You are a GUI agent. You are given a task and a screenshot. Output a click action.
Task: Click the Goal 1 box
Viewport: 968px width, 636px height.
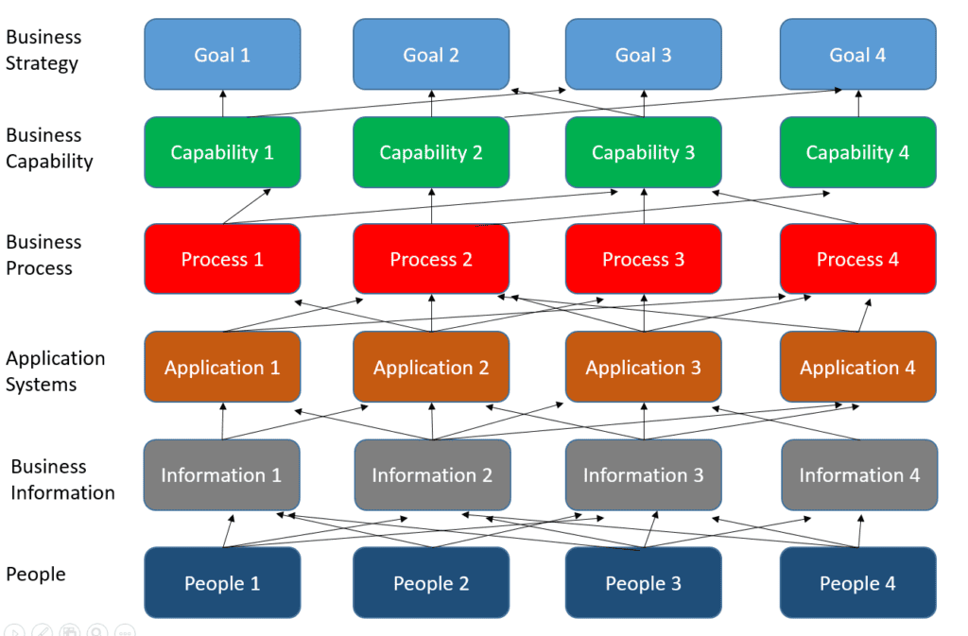coord(222,54)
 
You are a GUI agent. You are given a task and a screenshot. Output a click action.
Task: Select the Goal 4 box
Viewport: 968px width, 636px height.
coord(858,54)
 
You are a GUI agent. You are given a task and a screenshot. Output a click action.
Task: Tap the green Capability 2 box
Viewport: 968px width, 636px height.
coord(431,152)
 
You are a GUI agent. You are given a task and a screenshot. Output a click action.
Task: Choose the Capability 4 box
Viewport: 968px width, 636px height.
coord(858,152)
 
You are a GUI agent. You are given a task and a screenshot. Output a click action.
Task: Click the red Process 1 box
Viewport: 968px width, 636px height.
coord(222,259)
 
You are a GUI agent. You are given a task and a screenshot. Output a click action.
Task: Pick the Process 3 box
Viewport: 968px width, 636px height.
coord(643,259)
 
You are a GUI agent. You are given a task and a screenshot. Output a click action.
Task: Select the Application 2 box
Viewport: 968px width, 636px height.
coord(431,367)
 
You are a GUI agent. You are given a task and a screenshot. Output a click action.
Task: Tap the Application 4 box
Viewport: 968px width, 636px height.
coord(858,367)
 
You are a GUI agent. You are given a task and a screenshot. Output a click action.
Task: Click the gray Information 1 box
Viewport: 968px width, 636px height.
coord(221,475)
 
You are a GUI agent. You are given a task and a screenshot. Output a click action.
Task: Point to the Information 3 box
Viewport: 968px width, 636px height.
coord(643,475)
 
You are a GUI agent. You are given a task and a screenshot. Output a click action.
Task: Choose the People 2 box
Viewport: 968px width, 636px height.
coord(431,583)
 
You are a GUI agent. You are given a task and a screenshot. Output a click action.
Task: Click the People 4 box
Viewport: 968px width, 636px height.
coord(858,583)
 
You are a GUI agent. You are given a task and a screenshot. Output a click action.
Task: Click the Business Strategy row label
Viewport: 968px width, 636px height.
coord(43,50)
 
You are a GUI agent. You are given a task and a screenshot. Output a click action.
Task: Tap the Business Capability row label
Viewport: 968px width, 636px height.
coord(49,148)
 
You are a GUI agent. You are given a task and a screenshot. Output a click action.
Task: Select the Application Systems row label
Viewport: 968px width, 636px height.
coord(55,370)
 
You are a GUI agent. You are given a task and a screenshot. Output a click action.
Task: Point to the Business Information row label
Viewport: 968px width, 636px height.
coord(62,479)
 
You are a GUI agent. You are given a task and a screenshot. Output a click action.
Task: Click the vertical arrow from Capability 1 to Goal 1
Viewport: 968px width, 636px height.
coord(223,104)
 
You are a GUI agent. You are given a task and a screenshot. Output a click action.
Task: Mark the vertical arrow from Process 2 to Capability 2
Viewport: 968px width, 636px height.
coord(431,206)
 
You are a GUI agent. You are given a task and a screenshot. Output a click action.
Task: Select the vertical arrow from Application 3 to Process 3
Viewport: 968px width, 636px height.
coord(644,313)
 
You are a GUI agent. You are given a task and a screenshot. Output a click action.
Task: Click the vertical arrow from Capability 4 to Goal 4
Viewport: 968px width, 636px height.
coord(858,104)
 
